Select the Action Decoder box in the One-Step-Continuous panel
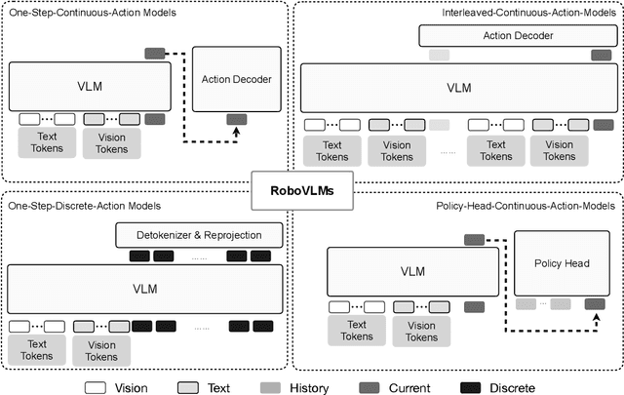[x=237, y=79]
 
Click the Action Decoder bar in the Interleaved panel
[x=517, y=35]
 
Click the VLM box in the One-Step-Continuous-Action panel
[x=91, y=86]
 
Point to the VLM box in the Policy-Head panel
[x=408, y=271]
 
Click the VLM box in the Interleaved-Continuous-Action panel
[x=457, y=88]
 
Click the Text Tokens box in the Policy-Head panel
[x=358, y=331]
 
